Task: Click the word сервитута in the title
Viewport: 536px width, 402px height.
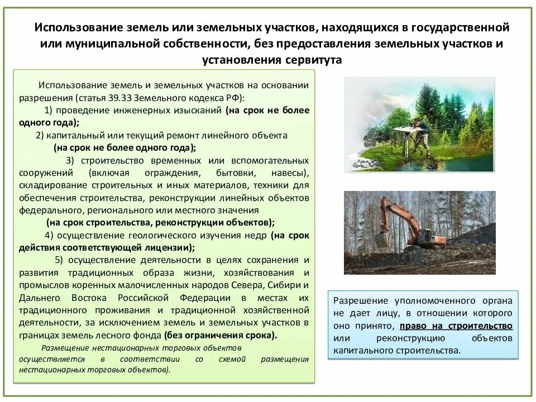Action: [x=310, y=60]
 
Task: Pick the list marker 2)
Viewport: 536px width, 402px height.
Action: [x=40, y=135]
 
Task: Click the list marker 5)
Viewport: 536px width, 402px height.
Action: [x=60, y=260]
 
